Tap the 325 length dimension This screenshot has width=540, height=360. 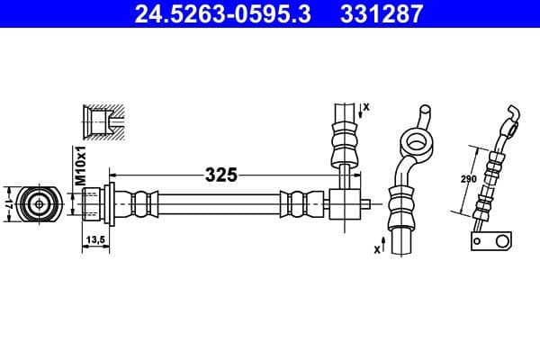pyautogui.click(x=220, y=175)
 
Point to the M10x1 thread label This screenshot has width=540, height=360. pyautogui.click(x=79, y=167)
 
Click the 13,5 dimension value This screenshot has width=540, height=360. pyautogui.click(x=96, y=239)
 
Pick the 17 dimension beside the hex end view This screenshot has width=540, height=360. pyautogui.click(x=8, y=203)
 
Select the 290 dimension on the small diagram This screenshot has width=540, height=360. pyautogui.click(x=468, y=180)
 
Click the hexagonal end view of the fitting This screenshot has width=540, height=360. pyautogui.click(x=39, y=203)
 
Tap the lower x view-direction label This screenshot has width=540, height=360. pyautogui.click(x=377, y=249)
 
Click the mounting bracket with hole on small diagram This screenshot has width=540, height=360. pyautogui.click(x=491, y=241)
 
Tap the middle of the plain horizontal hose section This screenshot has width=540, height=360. pyautogui.click(x=220, y=203)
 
